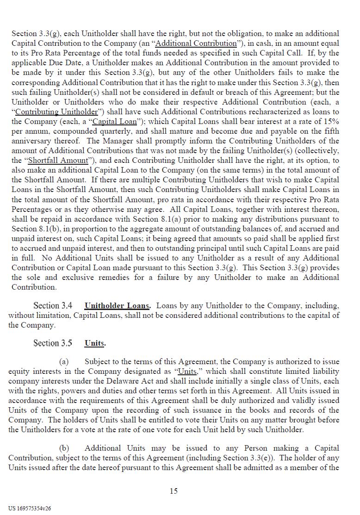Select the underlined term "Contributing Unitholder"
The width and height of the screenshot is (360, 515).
pos(56,112)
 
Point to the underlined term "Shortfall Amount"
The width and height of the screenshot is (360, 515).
pos(58,161)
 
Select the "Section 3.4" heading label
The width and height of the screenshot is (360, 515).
pos(53,306)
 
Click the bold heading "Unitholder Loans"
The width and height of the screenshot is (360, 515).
pos(117,306)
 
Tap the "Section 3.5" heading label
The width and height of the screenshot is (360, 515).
pos(53,343)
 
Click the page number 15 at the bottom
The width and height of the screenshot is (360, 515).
pos(174,491)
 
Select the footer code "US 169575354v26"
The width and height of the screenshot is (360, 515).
pos(30,508)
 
